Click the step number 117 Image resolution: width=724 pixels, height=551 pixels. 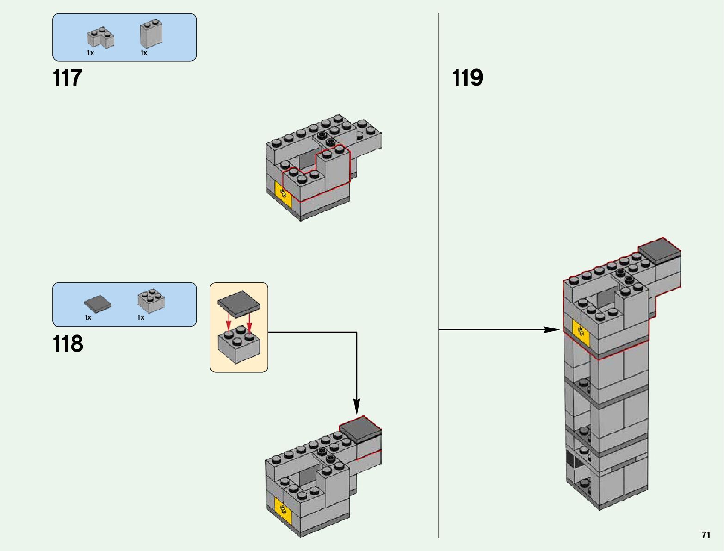tap(68, 78)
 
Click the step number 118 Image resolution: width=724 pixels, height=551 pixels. tap(68, 344)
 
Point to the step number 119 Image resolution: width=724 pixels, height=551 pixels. tap(467, 78)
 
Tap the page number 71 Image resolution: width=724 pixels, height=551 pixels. tap(705, 535)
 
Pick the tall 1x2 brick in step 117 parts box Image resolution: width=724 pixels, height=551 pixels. tap(151, 33)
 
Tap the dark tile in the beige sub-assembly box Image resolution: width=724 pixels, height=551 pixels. tap(239, 304)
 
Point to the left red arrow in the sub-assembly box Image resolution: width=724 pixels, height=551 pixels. tap(228, 322)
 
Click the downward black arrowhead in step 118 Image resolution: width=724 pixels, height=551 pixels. tap(357, 407)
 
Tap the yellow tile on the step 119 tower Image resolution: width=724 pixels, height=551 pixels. tap(581, 332)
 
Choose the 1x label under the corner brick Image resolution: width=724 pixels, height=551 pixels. tap(90, 53)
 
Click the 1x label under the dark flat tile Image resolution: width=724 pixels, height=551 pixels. tap(88, 317)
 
